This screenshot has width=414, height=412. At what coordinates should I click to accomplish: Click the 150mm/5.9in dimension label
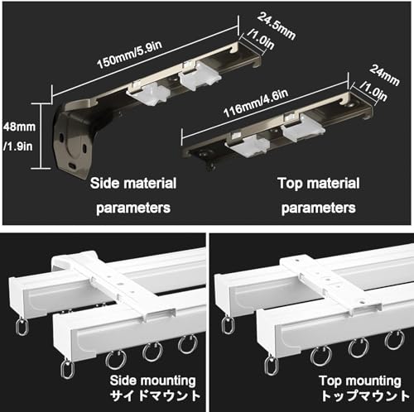[130, 55]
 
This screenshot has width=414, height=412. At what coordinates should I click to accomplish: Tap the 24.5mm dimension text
[277, 26]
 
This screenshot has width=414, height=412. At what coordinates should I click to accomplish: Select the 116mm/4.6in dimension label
[256, 103]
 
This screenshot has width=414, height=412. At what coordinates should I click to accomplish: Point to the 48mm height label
[20, 127]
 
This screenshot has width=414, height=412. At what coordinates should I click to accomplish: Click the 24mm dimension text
[384, 75]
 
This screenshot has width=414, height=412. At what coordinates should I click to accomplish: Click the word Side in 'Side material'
[105, 183]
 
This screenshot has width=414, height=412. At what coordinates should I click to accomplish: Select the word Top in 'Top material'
[290, 184]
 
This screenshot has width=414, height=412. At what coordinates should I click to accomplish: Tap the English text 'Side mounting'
[153, 381]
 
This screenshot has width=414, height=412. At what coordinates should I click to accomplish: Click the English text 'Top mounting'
[360, 381]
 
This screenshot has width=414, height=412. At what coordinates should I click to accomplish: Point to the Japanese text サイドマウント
[155, 396]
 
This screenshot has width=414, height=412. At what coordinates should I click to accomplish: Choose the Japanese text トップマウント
[365, 396]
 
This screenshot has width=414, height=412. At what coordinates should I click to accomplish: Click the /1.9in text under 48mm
[18, 146]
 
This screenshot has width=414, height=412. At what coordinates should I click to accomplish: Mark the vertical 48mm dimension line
[41, 136]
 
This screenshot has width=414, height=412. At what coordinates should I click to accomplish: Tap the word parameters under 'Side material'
[133, 208]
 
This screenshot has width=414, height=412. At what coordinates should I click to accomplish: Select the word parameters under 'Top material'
[319, 208]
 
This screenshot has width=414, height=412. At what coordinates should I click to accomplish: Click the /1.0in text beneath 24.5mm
[261, 40]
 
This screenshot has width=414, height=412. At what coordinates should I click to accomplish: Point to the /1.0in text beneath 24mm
[374, 91]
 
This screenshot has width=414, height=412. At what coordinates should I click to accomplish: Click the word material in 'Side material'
[150, 183]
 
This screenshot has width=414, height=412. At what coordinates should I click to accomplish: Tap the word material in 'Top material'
[334, 184]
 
